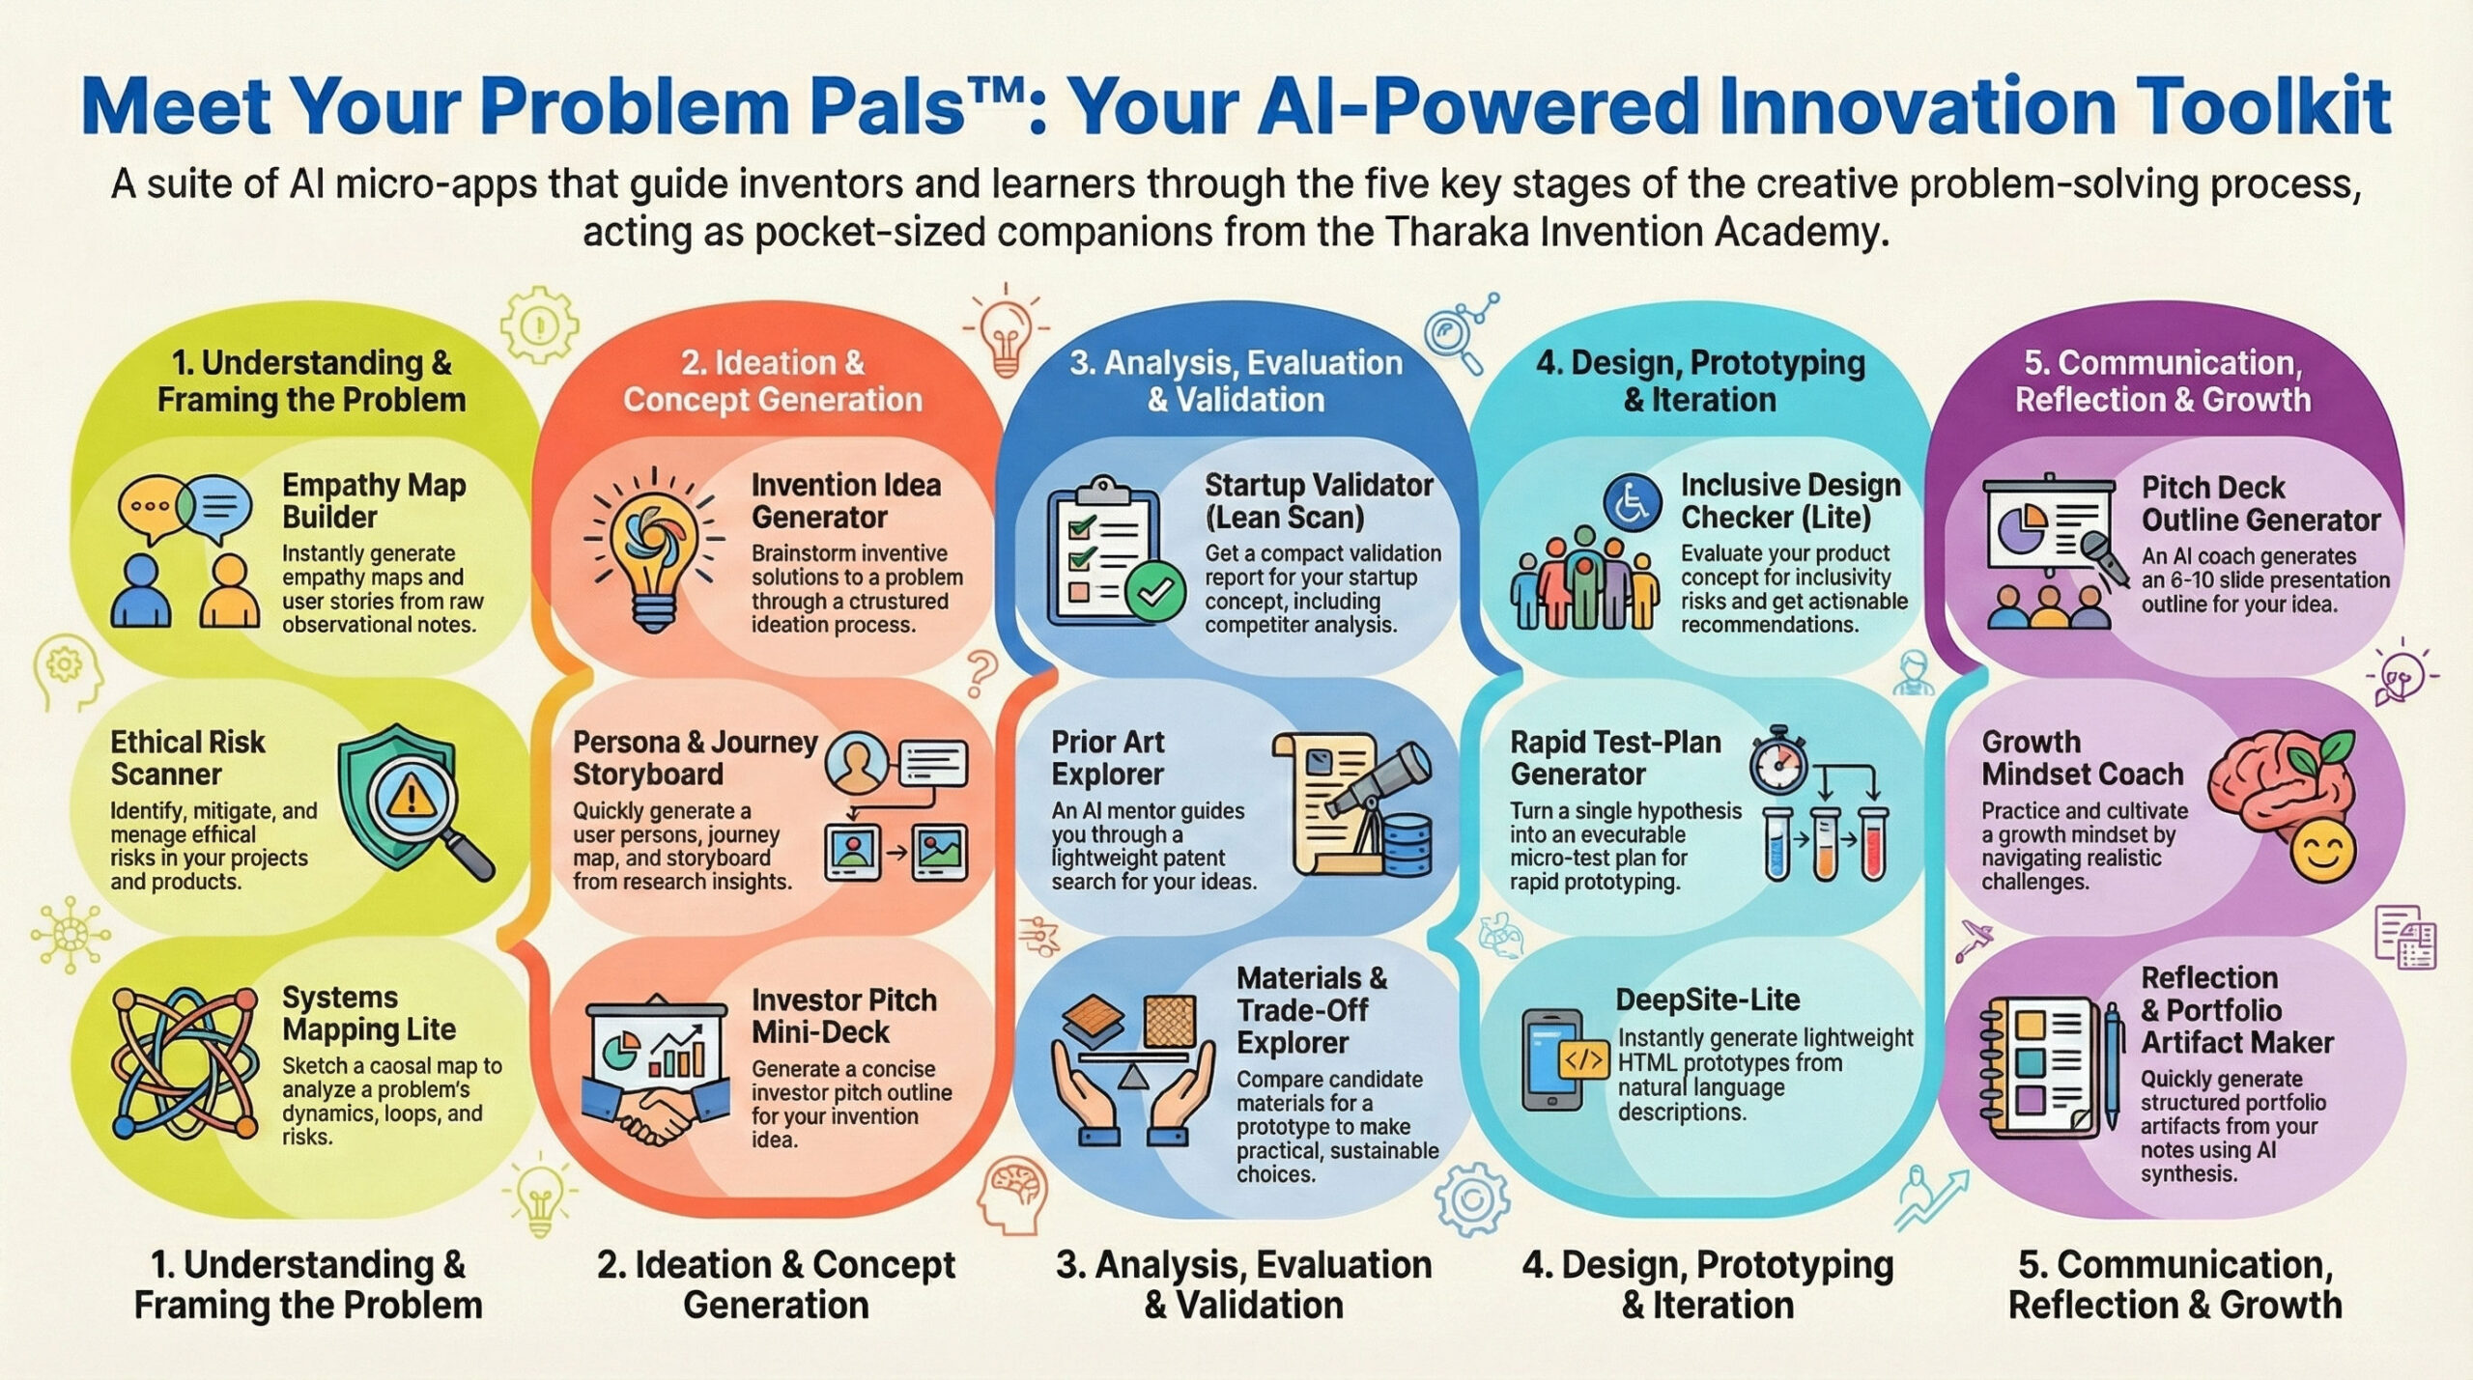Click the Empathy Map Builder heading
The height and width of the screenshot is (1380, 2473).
(x=374, y=500)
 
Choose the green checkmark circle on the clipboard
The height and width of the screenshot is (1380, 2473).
(x=1156, y=592)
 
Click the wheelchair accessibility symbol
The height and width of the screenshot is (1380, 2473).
(x=1633, y=504)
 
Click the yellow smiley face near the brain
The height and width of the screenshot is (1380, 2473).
(x=2324, y=852)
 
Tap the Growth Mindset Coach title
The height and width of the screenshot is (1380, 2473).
(x=2082, y=757)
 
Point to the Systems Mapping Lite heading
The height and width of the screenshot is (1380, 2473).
(x=369, y=1013)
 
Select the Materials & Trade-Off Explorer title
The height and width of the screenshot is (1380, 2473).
(x=1312, y=1009)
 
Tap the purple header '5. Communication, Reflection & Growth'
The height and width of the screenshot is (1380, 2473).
(x=2163, y=380)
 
